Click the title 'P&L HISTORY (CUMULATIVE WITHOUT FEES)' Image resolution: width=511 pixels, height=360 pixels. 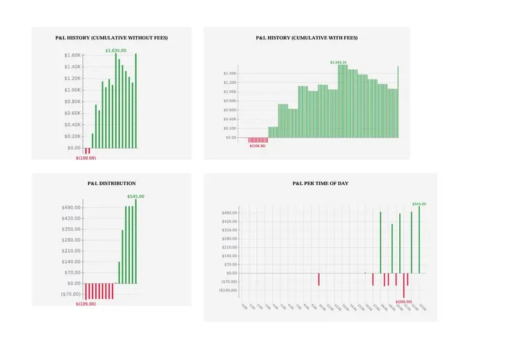[x=111, y=37]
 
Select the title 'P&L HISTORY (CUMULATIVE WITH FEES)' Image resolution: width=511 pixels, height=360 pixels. [x=307, y=37]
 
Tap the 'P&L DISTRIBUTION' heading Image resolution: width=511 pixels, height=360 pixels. [x=111, y=183]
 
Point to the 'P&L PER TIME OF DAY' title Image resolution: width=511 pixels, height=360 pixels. [x=320, y=183]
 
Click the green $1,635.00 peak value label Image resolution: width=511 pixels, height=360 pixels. [x=116, y=50]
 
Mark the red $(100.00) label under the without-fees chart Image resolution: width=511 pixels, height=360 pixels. [x=86, y=158]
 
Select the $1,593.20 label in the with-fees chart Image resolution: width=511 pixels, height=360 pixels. [x=338, y=62]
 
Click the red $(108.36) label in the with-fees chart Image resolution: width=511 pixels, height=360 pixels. [x=258, y=146]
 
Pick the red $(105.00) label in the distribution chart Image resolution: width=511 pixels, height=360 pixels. [x=86, y=303]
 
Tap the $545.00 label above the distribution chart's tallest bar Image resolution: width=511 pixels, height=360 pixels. [x=135, y=196]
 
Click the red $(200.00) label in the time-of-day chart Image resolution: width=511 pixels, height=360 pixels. [x=404, y=301]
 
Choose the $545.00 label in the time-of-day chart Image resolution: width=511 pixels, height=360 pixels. [x=419, y=204]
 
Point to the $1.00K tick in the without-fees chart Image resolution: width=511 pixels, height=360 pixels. [x=73, y=90]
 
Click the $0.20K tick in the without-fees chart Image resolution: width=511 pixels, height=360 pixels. [x=73, y=136]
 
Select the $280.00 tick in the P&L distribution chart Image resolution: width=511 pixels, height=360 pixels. [x=72, y=240]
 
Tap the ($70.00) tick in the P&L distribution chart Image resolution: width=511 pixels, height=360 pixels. [x=71, y=294]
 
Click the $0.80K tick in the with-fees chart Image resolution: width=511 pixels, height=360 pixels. [x=230, y=101]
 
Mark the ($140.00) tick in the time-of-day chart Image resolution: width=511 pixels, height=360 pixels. [x=229, y=290]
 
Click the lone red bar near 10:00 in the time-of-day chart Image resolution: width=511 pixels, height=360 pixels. [x=318, y=278]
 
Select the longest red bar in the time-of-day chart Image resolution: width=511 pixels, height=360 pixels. [x=404, y=285]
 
